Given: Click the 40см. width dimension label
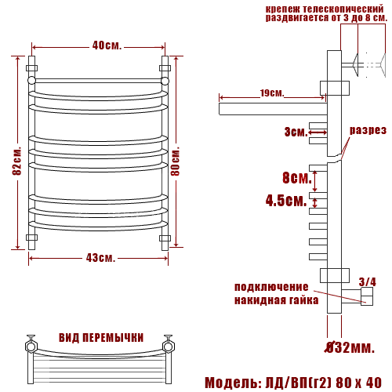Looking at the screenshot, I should (107, 45).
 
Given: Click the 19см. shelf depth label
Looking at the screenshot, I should (271, 93).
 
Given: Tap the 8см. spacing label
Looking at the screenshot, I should (296, 176).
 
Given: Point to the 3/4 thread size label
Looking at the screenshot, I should (367, 281).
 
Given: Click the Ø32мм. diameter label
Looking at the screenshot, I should (350, 346).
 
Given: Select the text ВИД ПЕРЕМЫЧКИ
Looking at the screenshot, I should (101, 338).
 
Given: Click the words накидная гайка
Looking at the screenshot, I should (276, 299).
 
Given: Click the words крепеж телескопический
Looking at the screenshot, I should (325, 6).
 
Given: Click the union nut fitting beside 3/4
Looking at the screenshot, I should (365, 296).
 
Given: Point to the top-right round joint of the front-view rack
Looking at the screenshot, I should (165, 79).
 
